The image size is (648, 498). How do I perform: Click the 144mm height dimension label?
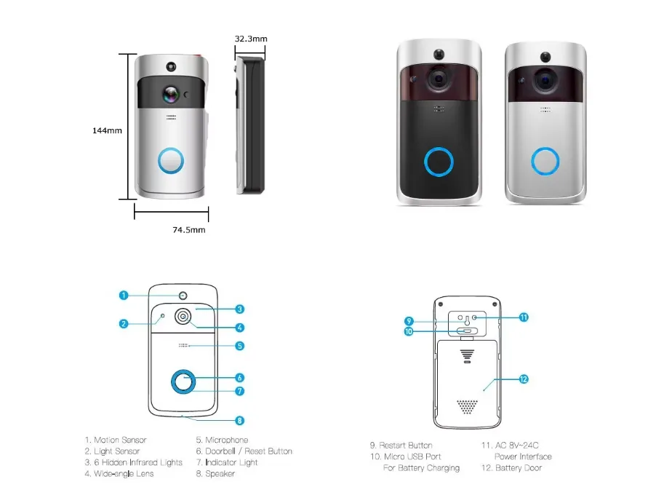(107, 131)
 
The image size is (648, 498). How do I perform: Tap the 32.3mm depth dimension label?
(250, 39)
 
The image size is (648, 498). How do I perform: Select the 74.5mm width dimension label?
(188, 230)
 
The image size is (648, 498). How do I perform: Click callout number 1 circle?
(124, 296)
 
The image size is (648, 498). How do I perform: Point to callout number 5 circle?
(239, 346)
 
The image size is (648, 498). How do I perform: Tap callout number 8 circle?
(239, 420)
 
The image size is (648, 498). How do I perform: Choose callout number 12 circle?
(524, 379)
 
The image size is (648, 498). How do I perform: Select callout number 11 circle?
(524, 317)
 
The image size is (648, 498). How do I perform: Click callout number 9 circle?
(409, 321)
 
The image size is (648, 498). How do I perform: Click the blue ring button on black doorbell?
(439, 162)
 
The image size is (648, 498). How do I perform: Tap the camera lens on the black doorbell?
(438, 79)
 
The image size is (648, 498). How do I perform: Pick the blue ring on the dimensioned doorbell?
(171, 160)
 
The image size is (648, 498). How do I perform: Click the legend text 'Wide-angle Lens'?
(124, 473)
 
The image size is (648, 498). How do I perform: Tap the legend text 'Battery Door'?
(519, 468)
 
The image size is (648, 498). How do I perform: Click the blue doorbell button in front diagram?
(183, 382)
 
